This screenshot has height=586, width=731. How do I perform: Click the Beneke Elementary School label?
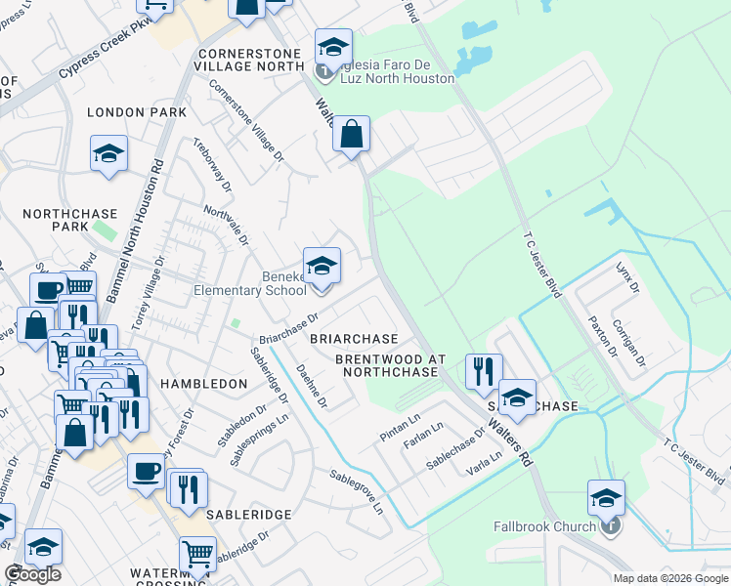tap(250, 283)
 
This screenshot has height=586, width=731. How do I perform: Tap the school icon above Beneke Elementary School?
tap(322, 265)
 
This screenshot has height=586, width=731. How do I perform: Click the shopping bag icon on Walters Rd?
tap(352, 135)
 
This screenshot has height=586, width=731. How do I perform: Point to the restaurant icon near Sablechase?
tap(483, 371)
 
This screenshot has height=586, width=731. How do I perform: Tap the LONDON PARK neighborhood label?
tap(137, 113)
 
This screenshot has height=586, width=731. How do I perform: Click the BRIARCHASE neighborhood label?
tap(354, 339)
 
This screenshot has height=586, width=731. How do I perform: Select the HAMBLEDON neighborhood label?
tap(203, 385)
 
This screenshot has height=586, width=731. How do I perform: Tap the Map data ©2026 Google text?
tap(669, 578)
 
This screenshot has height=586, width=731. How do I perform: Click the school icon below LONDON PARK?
tap(108, 154)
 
